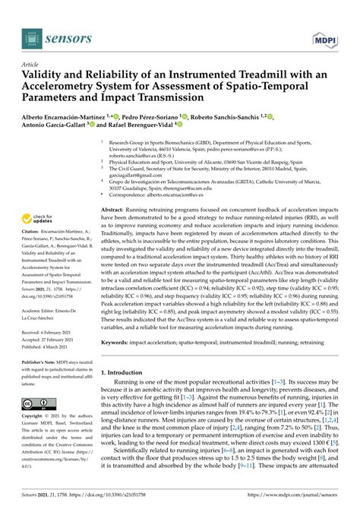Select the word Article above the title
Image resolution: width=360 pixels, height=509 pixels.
pos(31,65)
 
